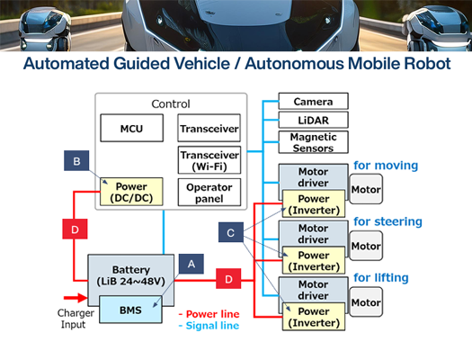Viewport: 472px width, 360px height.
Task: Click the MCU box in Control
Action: (131, 129)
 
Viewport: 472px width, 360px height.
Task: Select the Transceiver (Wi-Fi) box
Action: (209, 159)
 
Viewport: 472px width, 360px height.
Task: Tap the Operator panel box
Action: (209, 193)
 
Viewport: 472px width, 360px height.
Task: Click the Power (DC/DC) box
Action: (131, 193)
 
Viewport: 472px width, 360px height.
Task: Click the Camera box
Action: (313, 102)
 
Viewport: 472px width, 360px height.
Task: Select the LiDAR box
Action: (313, 121)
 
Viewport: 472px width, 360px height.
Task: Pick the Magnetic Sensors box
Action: (313, 142)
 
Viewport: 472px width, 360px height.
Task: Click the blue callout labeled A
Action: (190, 263)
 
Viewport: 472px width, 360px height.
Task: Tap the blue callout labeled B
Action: (76, 161)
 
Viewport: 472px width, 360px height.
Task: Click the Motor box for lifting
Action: (366, 302)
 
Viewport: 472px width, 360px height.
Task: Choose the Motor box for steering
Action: (366, 246)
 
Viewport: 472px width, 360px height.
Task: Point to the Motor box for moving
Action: (366, 190)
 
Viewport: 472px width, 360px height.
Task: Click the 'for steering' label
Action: (387, 221)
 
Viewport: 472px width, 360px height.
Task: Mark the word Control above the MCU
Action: (170, 104)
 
